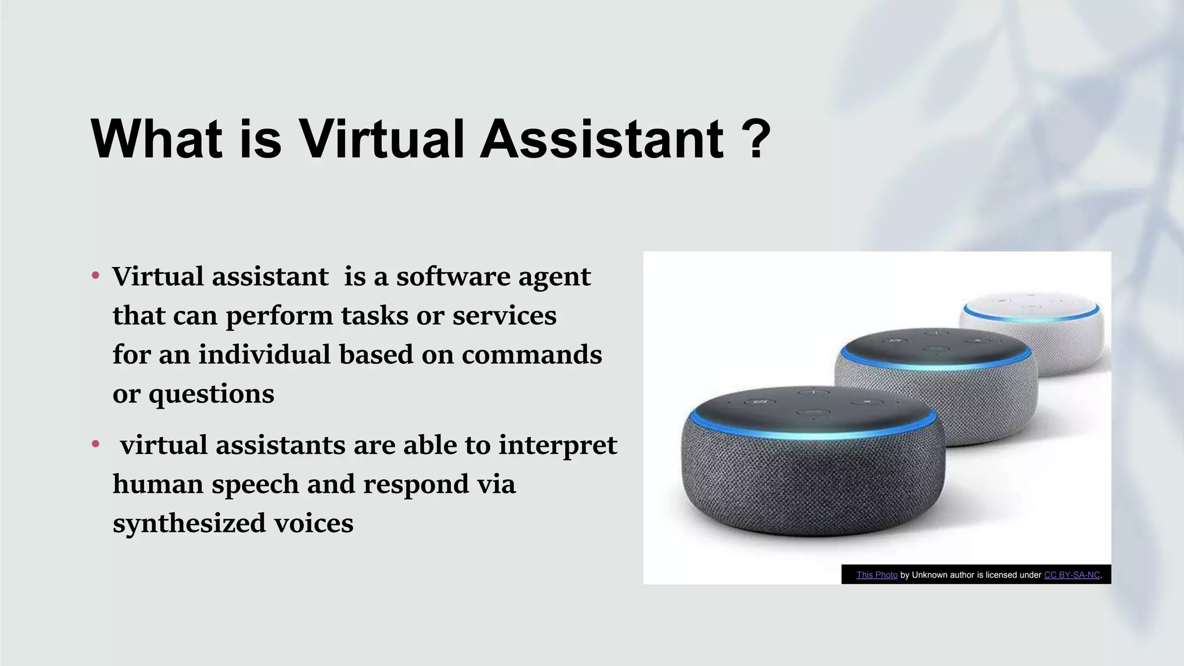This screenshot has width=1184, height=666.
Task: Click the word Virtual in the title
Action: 382,139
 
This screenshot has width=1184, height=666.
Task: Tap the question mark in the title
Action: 755,139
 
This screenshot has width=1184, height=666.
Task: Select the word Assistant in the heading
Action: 602,139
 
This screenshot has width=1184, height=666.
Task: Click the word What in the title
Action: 157,139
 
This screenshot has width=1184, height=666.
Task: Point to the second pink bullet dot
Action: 96,444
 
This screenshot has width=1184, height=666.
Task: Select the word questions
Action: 211,395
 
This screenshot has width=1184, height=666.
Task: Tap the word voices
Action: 313,523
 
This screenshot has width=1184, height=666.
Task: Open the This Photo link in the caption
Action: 876,575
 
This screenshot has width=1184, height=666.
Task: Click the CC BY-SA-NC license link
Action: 1072,575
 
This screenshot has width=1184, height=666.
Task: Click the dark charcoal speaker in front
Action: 812,462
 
